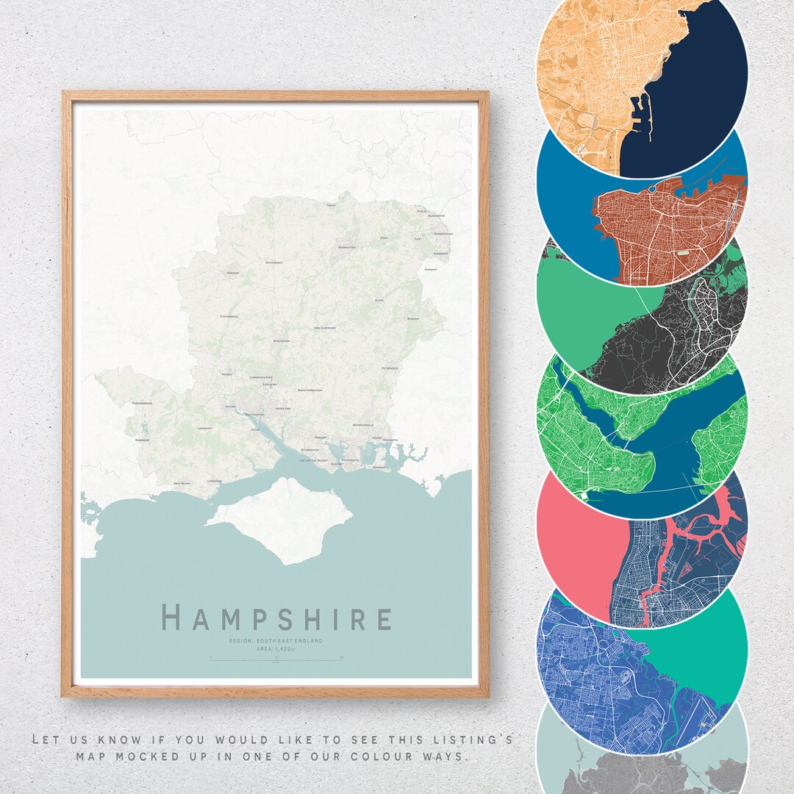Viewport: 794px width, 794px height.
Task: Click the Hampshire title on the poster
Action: click(276, 618)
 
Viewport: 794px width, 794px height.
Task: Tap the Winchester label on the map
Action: click(282, 341)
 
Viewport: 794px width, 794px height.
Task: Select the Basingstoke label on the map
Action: click(347, 248)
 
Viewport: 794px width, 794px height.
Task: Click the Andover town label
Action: click(234, 273)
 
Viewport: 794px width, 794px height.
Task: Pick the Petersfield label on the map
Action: click(390, 367)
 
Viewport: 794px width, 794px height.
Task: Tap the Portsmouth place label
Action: click(350, 460)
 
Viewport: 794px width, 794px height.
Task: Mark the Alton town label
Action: click(379, 300)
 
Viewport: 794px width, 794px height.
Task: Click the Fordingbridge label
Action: click(142, 404)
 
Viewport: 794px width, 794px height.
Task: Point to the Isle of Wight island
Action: click(283, 518)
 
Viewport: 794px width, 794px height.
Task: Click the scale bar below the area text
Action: click(276, 658)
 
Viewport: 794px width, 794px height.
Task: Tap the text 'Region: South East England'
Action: click(276, 641)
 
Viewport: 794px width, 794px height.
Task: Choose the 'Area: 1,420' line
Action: click(276, 649)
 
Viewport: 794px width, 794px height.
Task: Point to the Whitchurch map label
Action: click(273, 262)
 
